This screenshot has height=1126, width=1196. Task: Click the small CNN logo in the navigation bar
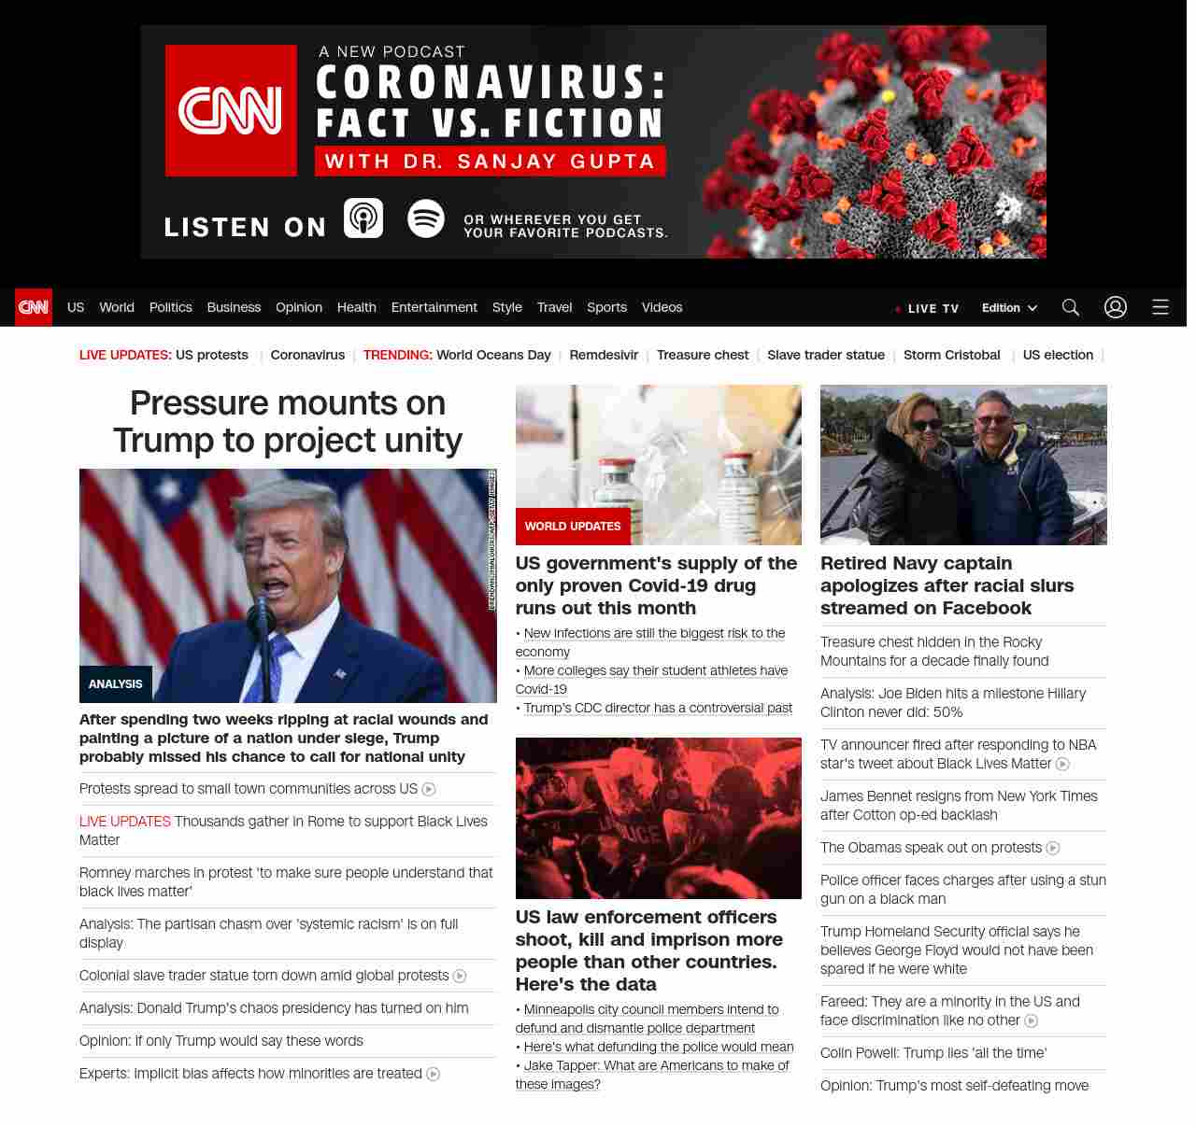click(34, 307)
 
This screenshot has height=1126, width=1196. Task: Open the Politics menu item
click(170, 307)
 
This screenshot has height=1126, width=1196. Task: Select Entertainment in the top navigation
click(434, 307)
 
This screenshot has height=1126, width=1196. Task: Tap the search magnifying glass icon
click(1070, 307)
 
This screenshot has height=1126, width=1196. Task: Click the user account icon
click(1115, 307)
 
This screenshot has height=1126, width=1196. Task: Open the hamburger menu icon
click(1160, 307)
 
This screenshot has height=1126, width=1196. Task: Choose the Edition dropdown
click(1009, 308)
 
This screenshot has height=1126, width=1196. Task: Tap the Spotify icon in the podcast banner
click(426, 218)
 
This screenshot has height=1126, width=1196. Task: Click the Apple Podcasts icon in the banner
click(363, 218)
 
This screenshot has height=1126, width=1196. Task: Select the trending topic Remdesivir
click(604, 355)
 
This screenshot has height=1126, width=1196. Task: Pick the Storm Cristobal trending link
click(951, 355)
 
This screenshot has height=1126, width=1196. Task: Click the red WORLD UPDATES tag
click(573, 527)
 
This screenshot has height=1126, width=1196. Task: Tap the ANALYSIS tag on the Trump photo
click(116, 684)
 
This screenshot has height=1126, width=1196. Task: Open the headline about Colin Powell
click(933, 1053)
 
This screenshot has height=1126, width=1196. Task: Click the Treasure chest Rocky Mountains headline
click(933, 652)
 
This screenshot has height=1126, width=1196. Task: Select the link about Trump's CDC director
click(658, 708)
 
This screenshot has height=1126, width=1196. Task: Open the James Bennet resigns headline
click(958, 806)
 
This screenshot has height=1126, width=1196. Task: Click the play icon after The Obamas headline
click(1053, 848)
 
